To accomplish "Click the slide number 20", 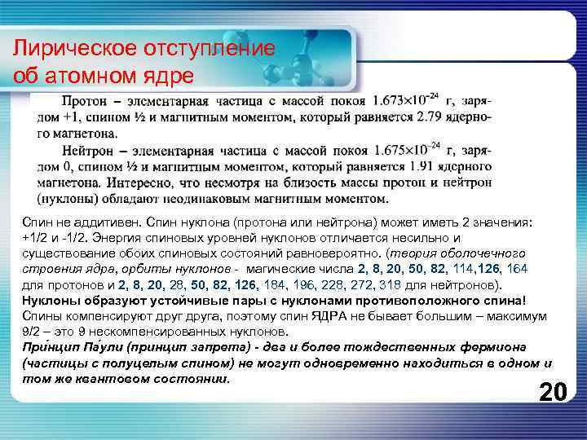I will (x=553, y=392).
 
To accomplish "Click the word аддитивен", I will (x=105, y=222).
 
